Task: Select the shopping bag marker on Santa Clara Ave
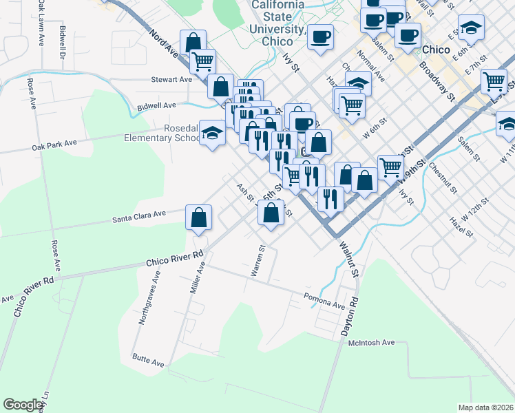[198, 218]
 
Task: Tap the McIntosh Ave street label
[371, 342]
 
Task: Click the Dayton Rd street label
[350, 316]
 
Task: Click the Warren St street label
[258, 262]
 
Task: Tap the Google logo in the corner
[23, 404]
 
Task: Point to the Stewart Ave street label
[171, 80]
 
